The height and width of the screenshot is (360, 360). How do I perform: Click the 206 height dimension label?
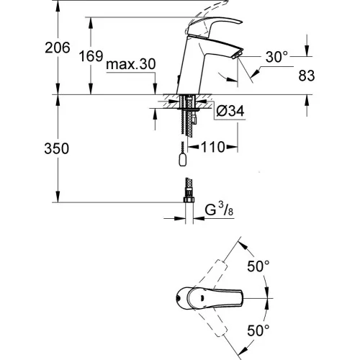[58, 48]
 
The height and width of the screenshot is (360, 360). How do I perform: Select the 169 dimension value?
[91, 56]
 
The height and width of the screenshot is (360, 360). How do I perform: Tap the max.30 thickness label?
[131, 64]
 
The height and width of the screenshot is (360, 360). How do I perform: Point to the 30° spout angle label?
[276, 57]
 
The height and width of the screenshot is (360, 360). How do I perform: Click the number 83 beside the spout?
[307, 76]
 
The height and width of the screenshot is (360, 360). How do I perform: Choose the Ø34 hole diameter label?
[230, 111]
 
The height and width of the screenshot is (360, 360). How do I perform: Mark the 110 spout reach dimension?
[213, 147]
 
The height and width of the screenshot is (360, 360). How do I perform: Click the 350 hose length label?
[57, 148]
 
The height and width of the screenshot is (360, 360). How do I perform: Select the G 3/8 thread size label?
[219, 210]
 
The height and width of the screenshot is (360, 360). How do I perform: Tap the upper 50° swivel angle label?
[258, 266]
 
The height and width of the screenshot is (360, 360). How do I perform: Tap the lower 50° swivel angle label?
[258, 330]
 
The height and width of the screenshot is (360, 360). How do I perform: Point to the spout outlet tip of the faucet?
[238, 54]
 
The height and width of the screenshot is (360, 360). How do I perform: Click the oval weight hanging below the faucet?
[183, 160]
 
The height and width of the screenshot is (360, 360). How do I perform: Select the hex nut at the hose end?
[189, 199]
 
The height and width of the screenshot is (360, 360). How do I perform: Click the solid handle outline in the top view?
[210, 298]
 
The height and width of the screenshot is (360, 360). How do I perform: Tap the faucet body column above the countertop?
[189, 70]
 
